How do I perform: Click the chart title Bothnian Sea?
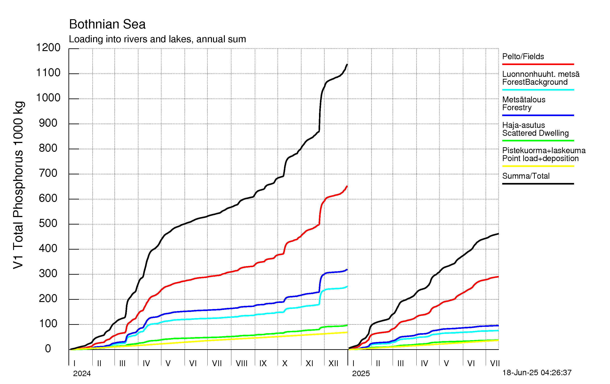pyautogui.click(x=107, y=24)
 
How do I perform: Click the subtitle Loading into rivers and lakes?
pyautogui.click(x=157, y=39)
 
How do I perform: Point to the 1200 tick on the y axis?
pyautogui.click(x=48, y=48)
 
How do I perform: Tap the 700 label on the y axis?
pyautogui.click(x=48, y=173)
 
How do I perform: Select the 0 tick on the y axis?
pyautogui.click(x=48, y=349)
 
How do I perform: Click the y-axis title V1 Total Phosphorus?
pyautogui.click(x=18, y=185)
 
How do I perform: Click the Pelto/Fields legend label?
pyautogui.click(x=523, y=56)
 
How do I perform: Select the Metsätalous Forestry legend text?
pyautogui.click(x=524, y=104)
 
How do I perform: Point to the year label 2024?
pyautogui.click(x=82, y=374)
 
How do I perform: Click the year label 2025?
pyautogui.click(x=361, y=374)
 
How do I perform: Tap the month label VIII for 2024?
pyautogui.click(x=242, y=363)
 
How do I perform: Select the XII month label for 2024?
pyautogui.click(x=333, y=363)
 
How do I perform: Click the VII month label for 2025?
pyautogui.click(x=495, y=363)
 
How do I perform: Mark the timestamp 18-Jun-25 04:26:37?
pyautogui.click(x=537, y=373)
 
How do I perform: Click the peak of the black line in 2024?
pyautogui.click(x=347, y=65)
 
